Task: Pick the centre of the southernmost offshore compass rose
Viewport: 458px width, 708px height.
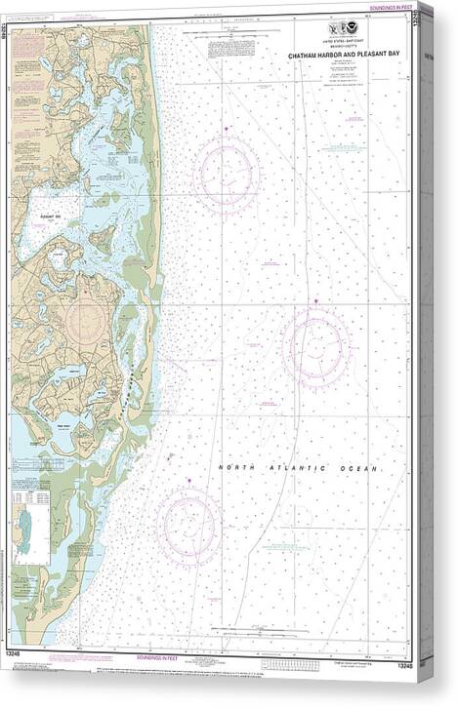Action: (188, 527)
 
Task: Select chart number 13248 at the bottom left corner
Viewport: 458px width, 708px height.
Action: (21, 665)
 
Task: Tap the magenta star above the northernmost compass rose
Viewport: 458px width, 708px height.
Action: (227, 129)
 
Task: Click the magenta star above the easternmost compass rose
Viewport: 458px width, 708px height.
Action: (316, 300)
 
